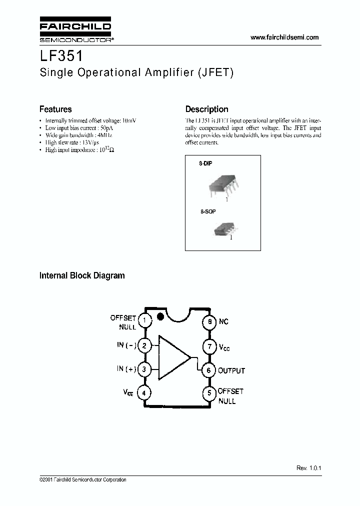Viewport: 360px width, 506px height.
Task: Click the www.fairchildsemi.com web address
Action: [x=284, y=37]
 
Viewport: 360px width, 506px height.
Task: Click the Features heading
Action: [x=55, y=109]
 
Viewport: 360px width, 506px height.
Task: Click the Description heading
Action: [x=206, y=109]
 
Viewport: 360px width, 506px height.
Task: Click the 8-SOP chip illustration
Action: [x=222, y=230]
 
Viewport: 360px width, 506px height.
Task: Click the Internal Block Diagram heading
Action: [x=82, y=275]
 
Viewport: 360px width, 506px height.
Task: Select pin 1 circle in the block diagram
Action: [x=144, y=320]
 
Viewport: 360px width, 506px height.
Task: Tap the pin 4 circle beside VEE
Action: [x=144, y=393]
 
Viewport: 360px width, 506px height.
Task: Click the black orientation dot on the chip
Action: [x=160, y=316]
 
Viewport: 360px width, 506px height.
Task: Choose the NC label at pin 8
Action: [x=223, y=321]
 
